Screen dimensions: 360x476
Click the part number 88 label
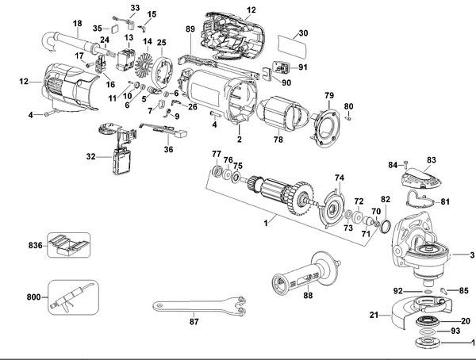point(308,296)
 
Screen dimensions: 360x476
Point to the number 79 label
point(328,95)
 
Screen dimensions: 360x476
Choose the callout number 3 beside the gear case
point(470,255)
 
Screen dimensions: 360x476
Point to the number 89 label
point(190,29)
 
